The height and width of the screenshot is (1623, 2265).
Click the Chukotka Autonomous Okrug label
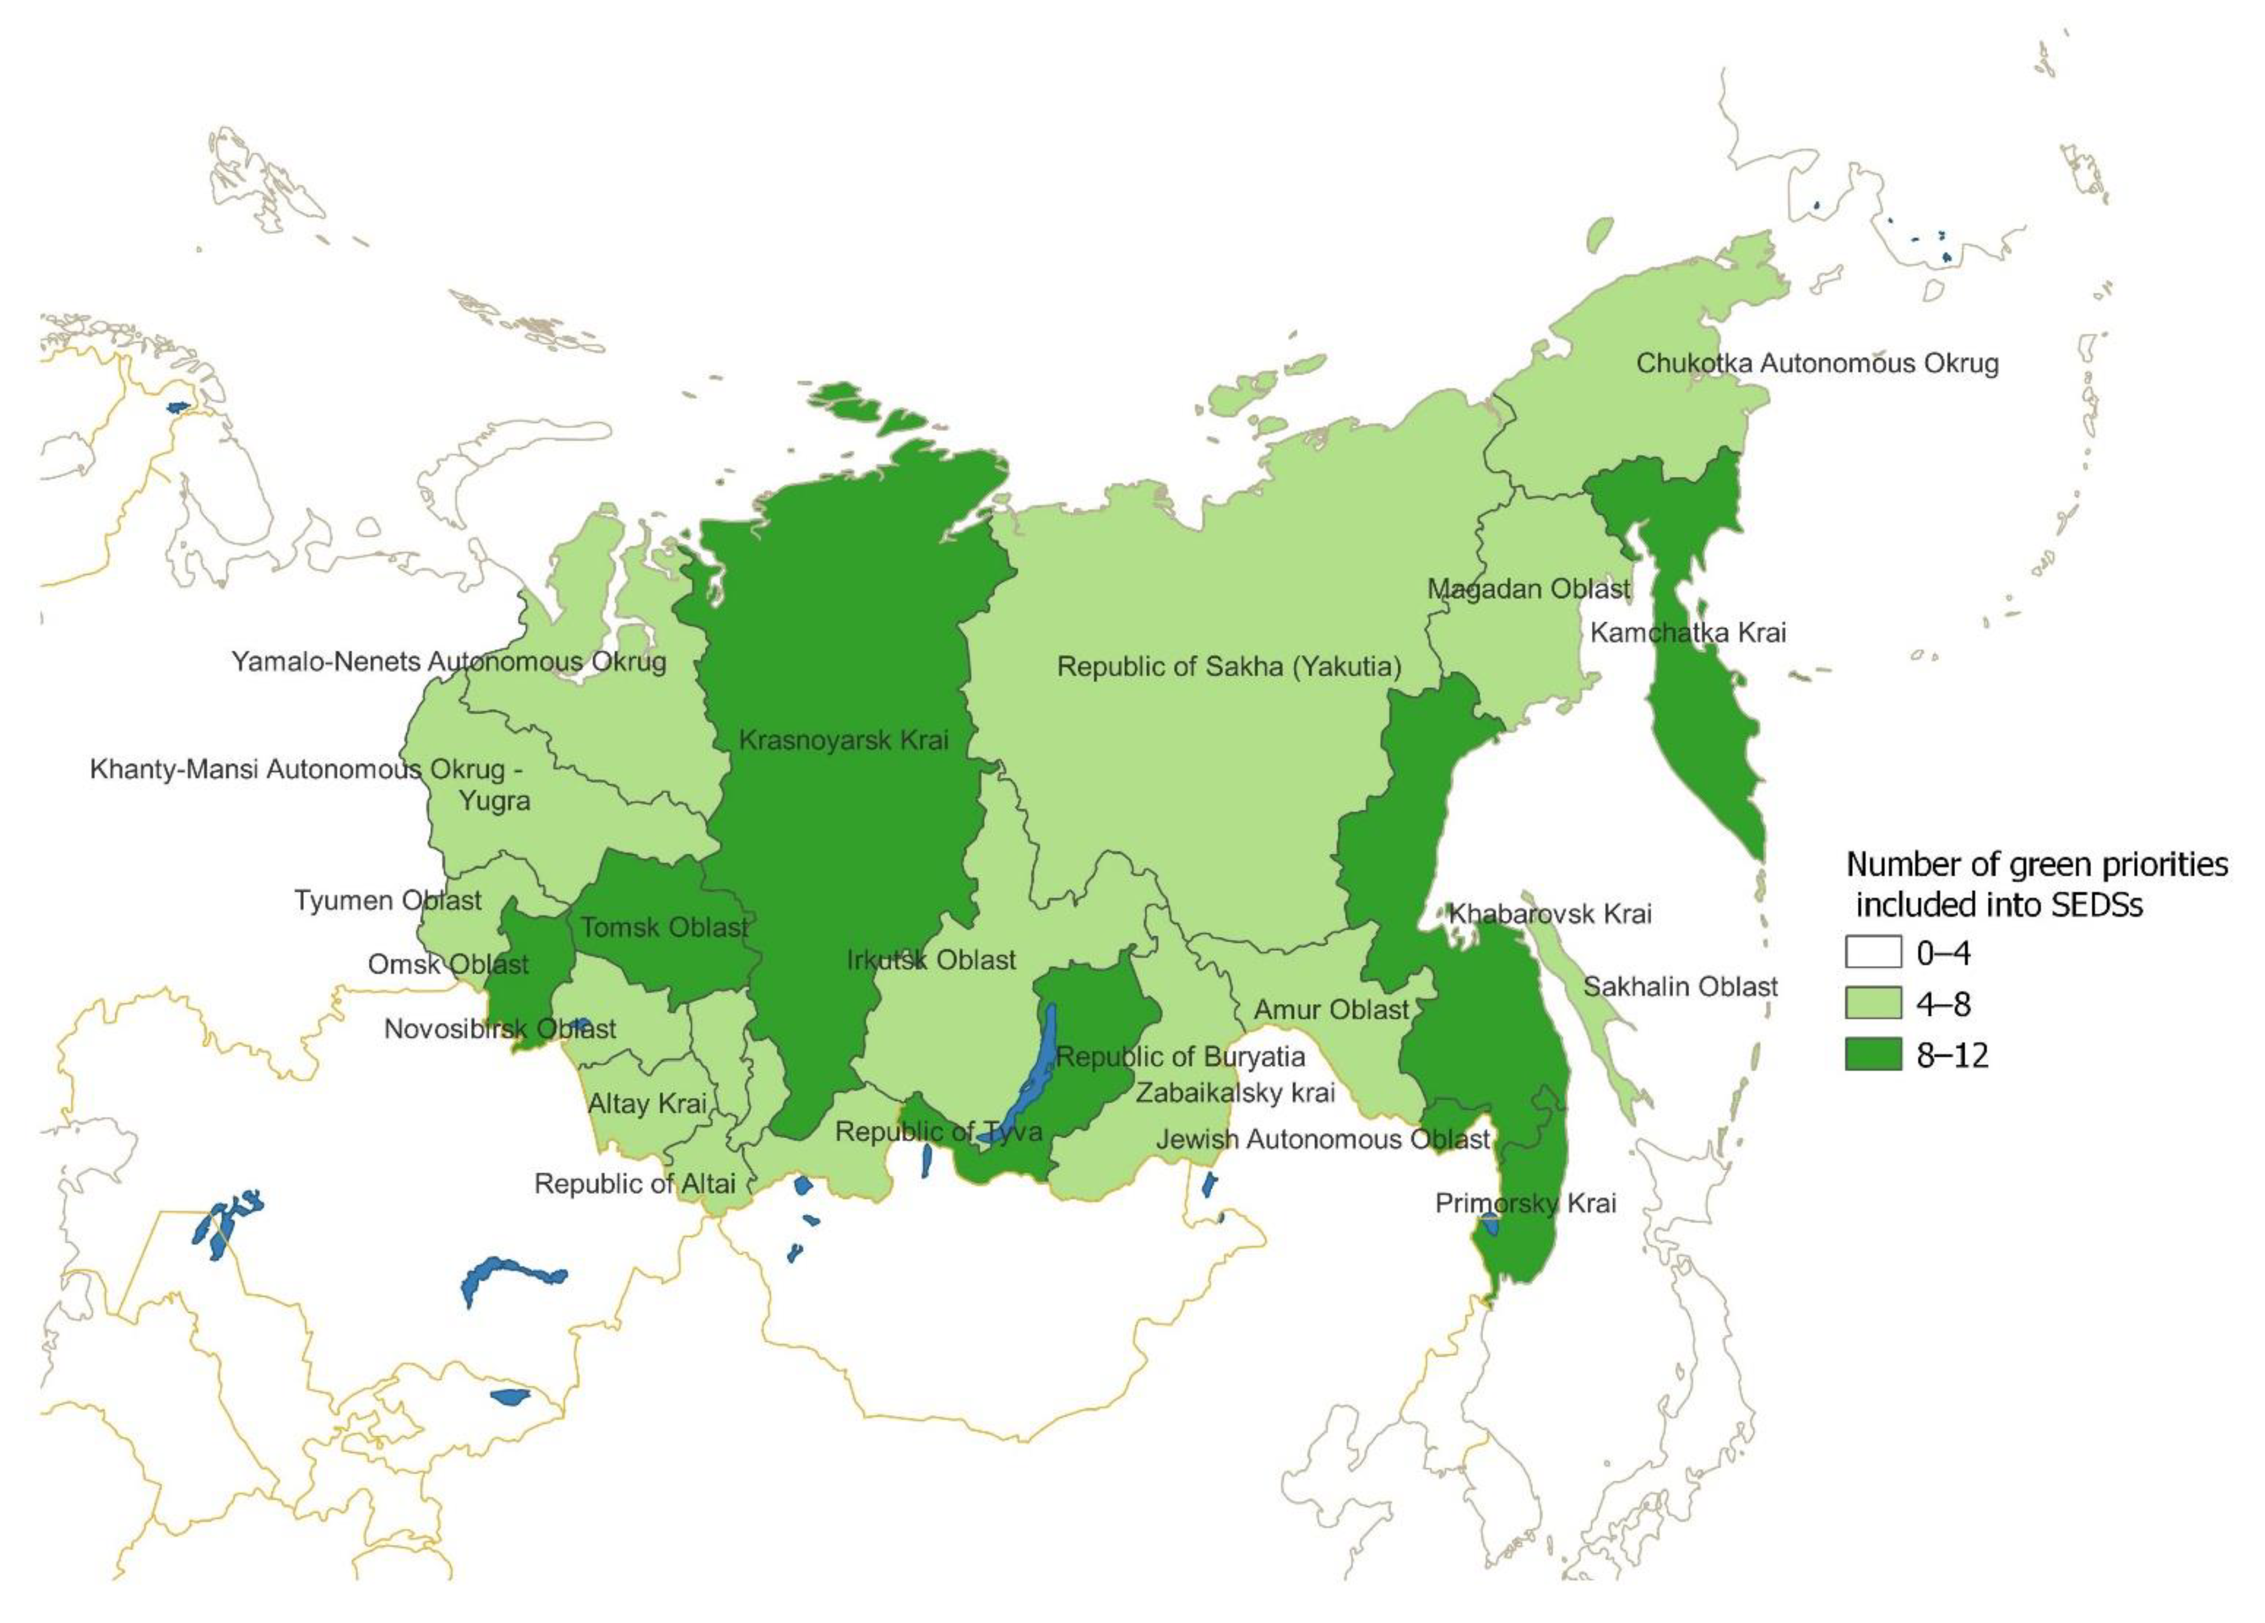click(x=1817, y=363)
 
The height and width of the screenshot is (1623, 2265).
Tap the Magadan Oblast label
click(x=1528, y=589)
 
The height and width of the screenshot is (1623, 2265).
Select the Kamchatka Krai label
click(x=1688, y=632)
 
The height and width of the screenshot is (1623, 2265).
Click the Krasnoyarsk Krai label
click(x=844, y=740)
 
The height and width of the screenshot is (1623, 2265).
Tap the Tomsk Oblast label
click(x=664, y=928)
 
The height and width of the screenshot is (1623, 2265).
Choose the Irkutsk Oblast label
click(x=931, y=960)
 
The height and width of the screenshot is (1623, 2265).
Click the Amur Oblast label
click(x=1331, y=1010)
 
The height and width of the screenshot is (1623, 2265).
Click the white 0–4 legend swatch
click(x=1873, y=953)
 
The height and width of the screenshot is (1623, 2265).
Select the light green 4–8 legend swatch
click(x=1873, y=1004)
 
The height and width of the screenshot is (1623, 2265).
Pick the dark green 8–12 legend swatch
click(x=1873, y=1055)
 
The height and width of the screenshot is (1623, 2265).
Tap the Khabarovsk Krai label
click(x=1550, y=913)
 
